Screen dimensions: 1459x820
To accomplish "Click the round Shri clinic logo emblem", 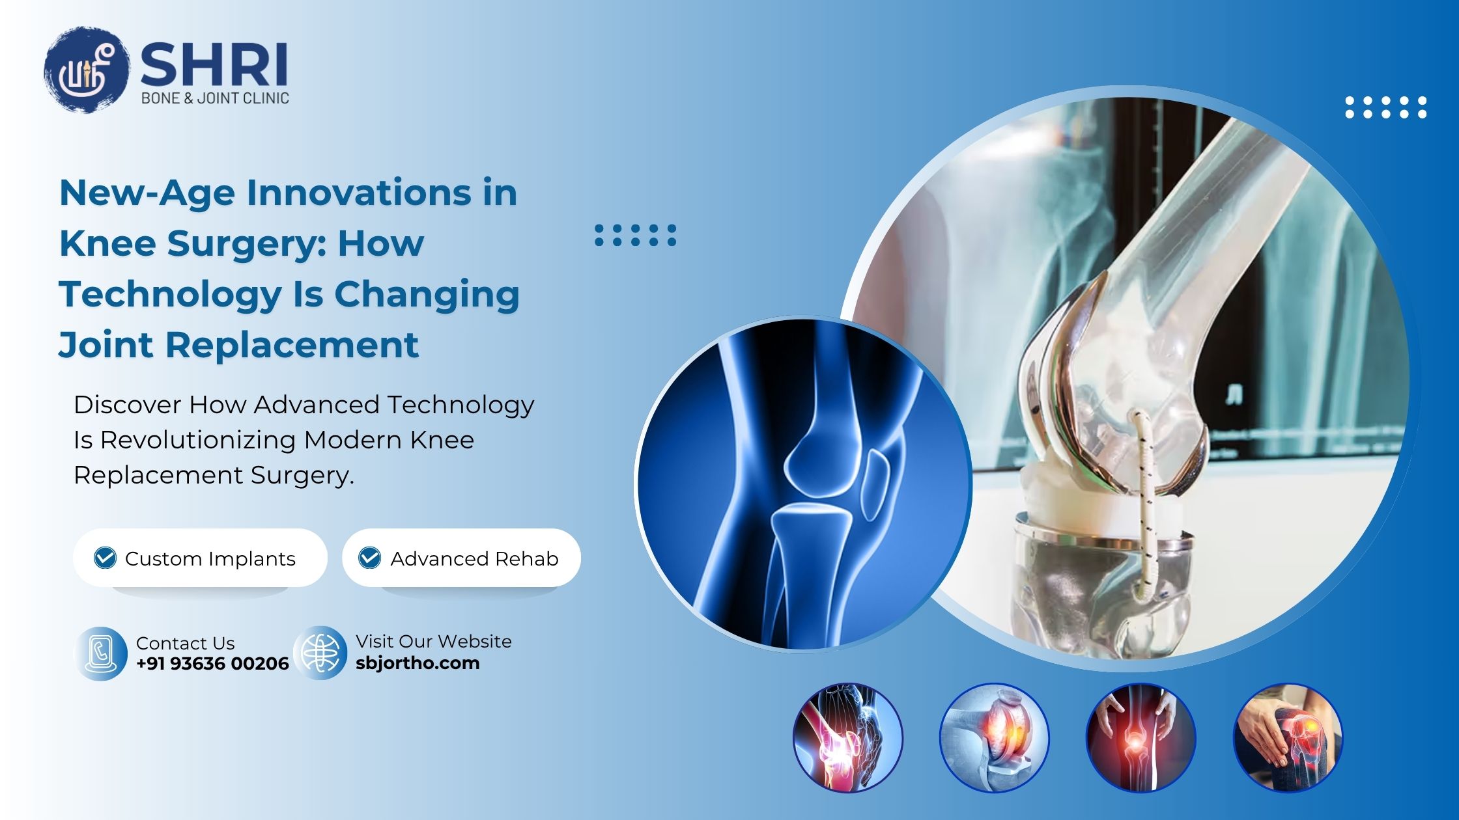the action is click(86, 69).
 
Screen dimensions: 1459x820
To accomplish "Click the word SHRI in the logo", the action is click(214, 64).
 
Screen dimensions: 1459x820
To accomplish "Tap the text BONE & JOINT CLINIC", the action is click(215, 98).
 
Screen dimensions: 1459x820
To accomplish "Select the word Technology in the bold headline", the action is click(170, 294).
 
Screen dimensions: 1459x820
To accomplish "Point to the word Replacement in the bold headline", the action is click(292, 345).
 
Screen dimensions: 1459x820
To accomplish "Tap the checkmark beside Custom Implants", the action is click(105, 558).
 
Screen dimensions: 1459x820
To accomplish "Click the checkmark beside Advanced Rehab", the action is click(370, 558).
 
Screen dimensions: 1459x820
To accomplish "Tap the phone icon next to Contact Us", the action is click(101, 653).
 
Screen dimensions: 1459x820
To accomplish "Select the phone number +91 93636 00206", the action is click(212, 664).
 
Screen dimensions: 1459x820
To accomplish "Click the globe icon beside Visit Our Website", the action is click(320, 653).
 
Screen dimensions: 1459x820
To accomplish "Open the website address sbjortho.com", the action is click(418, 663).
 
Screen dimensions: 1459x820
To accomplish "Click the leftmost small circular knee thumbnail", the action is click(847, 737).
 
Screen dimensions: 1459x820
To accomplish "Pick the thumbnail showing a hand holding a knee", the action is click(1288, 737).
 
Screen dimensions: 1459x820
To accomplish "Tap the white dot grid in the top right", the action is click(1386, 107).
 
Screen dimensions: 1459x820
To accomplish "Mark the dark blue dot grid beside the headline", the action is click(636, 235).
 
